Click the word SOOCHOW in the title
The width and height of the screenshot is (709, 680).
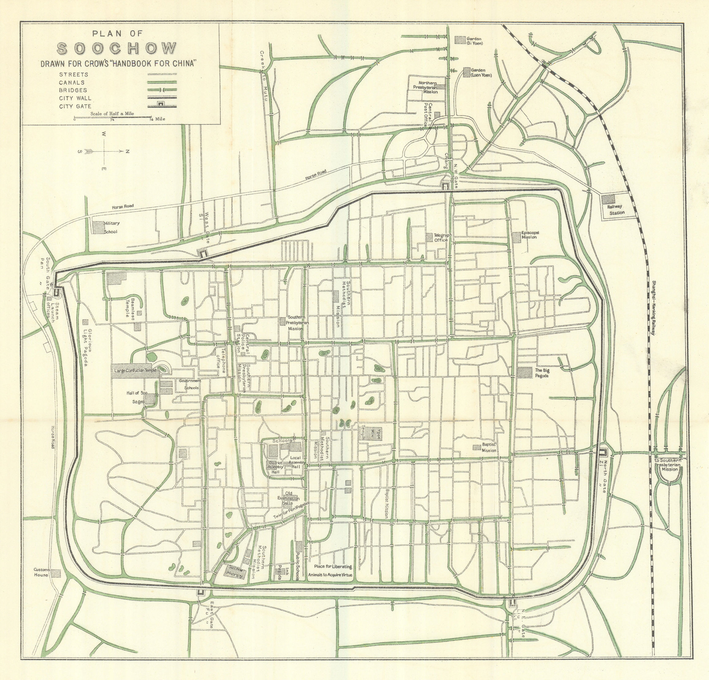(x=117, y=49)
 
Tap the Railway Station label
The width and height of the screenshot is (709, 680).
(x=616, y=210)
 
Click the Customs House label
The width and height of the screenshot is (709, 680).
(x=42, y=572)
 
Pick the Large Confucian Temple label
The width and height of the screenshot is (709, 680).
(x=135, y=371)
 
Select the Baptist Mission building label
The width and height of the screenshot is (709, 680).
(x=489, y=448)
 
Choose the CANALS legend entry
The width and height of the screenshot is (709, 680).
(x=72, y=83)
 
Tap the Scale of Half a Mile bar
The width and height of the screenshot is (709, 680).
(x=113, y=117)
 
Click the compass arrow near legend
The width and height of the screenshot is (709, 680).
(x=105, y=152)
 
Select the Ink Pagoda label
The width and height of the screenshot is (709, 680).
(x=280, y=571)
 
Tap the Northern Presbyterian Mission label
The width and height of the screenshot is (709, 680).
(x=428, y=87)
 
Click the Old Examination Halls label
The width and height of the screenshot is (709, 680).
(x=288, y=498)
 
